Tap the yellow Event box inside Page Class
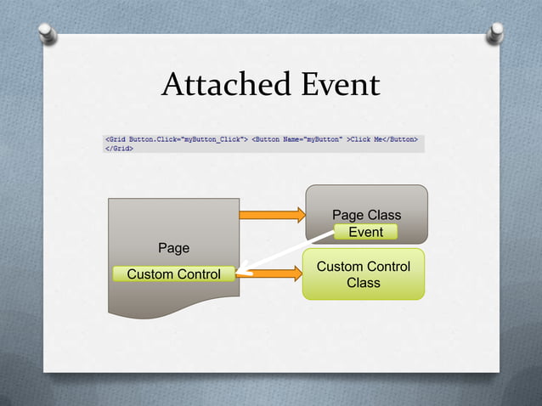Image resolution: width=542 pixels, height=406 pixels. tap(365, 232)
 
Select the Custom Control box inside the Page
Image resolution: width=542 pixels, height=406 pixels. tap(173, 273)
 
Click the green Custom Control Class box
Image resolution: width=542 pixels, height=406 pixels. tap(363, 273)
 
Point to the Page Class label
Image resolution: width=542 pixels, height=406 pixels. tap(366, 215)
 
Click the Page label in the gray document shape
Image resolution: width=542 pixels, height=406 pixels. tap(173, 248)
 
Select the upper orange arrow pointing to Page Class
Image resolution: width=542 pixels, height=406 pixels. tap(272, 214)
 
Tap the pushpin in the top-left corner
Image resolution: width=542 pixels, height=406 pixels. tap(49, 34)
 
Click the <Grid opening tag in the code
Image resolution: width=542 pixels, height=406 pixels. tap(115, 137)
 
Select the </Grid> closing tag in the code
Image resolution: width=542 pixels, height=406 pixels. tap(119, 146)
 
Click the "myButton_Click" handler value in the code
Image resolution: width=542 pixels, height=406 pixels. tap(211, 137)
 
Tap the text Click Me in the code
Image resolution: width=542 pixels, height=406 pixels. tap(367, 137)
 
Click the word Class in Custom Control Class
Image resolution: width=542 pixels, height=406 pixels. tap(363, 282)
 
